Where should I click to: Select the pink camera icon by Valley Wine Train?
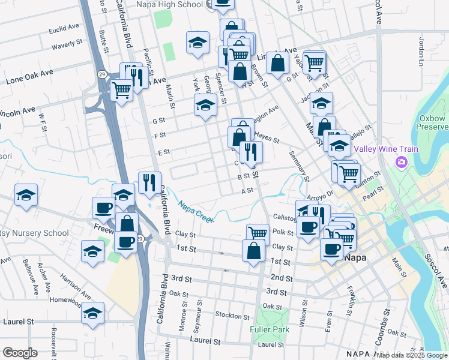click(x=401, y=162)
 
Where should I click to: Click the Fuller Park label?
click(x=270, y=329)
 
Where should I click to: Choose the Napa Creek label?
click(x=196, y=212)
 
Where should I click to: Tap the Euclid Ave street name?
click(x=64, y=28)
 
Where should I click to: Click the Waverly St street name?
click(x=67, y=44)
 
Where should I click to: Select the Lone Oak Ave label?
click(x=29, y=77)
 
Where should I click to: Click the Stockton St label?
click(x=232, y=316)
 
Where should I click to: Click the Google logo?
click(x=20, y=352)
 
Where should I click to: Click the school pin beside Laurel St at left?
click(x=92, y=314)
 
